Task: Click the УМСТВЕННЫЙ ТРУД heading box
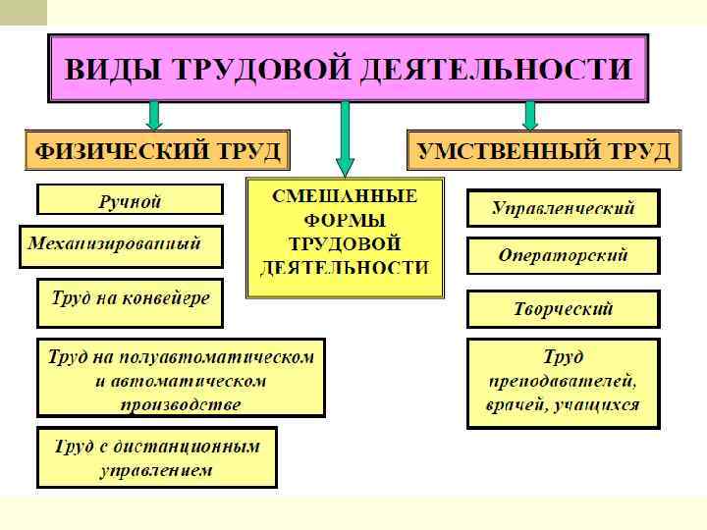point(544,152)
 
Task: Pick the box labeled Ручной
point(129,201)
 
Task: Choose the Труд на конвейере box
point(131,298)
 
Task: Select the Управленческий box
point(563,208)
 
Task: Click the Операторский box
point(563,255)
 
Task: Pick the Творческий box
point(563,308)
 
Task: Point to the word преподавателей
point(563,380)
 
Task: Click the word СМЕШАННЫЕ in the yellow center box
point(345,197)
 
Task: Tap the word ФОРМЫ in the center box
point(345,220)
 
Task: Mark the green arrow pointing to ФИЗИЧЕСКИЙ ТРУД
point(154,115)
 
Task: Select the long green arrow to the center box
point(344,137)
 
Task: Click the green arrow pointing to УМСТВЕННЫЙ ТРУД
point(530,115)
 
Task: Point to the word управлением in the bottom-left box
point(156,470)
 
